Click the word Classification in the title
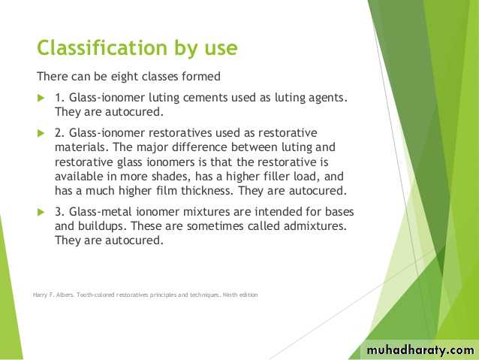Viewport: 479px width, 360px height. click(x=102, y=48)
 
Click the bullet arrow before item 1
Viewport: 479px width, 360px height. click(x=41, y=98)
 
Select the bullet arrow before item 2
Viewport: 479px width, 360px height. click(x=41, y=133)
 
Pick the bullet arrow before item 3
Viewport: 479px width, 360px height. click(x=41, y=212)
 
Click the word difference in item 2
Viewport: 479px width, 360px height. click(x=200, y=147)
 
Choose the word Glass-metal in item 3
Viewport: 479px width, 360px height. click(x=100, y=212)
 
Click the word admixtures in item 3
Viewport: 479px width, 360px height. click(x=315, y=226)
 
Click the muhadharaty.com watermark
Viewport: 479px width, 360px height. click(x=420, y=349)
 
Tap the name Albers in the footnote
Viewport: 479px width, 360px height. click(x=65, y=295)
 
